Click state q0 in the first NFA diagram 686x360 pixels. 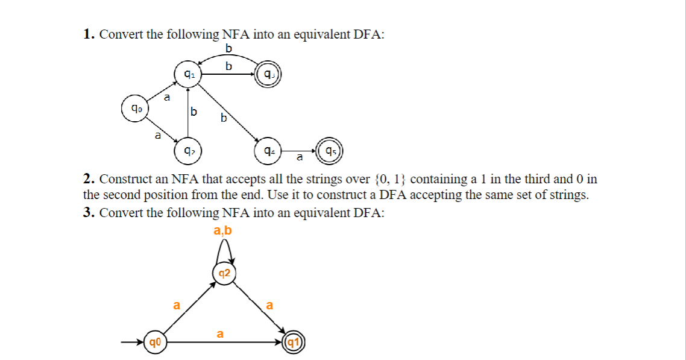[133, 109]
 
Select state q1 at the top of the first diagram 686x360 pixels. [188, 75]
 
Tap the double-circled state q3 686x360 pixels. [268, 75]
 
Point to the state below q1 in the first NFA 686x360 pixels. [188, 150]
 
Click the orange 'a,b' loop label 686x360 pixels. [222, 231]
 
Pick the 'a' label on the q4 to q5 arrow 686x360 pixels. [299, 158]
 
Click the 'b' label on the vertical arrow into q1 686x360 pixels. [193, 112]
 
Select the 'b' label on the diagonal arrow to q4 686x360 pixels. [224, 118]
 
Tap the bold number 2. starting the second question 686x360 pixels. [89, 179]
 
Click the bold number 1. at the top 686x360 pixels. [89, 34]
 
